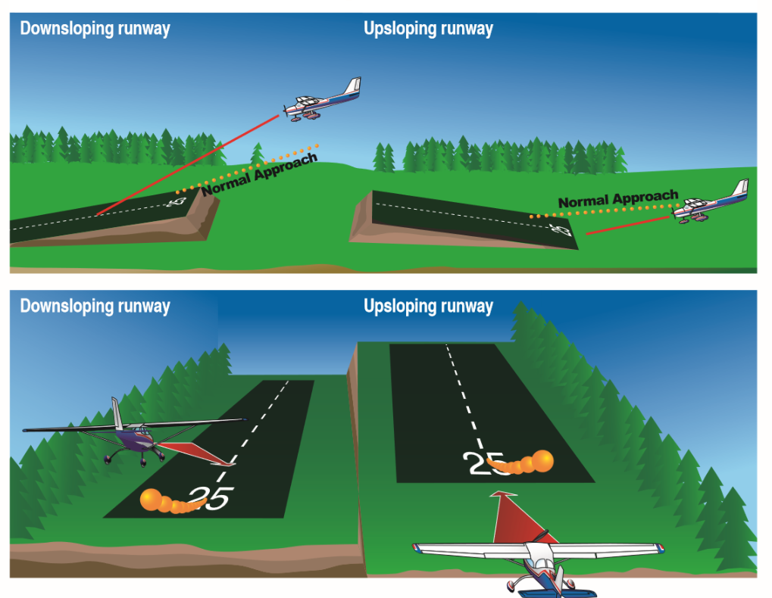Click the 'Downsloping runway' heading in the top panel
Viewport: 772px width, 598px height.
tap(95, 29)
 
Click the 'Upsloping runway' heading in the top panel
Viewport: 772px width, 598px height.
tap(428, 29)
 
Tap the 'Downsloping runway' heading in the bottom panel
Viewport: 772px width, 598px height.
tap(95, 306)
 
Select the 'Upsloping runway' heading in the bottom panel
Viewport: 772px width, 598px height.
tap(428, 306)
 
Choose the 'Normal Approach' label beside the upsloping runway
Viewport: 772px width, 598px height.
tap(617, 200)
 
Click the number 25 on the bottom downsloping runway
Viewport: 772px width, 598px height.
tap(211, 498)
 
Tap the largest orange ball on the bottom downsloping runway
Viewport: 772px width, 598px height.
tap(151, 499)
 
